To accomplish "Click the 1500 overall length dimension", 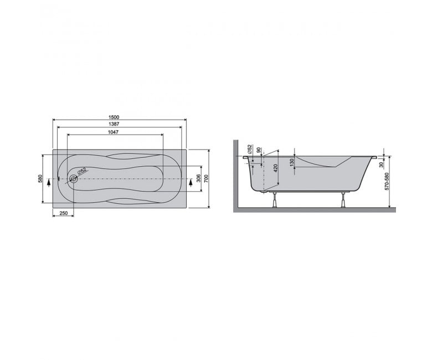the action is [114, 117].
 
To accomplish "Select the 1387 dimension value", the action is [114, 124].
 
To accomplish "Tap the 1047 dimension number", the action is [113, 132].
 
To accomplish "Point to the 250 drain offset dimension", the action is [64, 213].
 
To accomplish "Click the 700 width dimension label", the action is [207, 179].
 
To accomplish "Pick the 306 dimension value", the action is [198, 179].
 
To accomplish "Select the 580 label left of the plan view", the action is [40, 179].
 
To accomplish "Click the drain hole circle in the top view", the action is [74, 179].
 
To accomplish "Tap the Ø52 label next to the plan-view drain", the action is [82, 171].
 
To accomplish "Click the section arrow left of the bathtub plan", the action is [49, 182].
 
